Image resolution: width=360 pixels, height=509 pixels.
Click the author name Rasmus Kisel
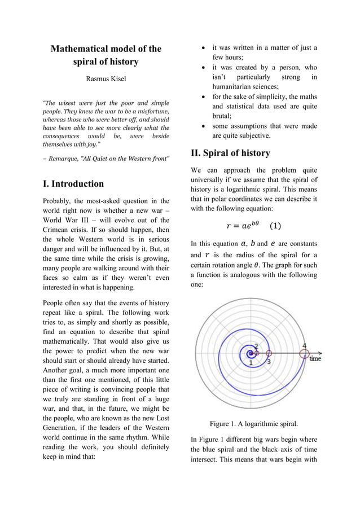pyautogui.click(x=106, y=79)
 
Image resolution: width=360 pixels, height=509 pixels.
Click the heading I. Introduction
pyautogui.click(x=73, y=183)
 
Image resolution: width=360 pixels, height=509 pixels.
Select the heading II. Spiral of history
pyautogui.click(x=230, y=153)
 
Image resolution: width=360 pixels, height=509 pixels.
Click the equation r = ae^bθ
pyautogui.click(x=242, y=226)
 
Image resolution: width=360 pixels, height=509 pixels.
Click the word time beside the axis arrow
pyautogui.click(x=315, y=358)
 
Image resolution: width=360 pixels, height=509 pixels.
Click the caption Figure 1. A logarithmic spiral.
pyautogui.click(x=253, y=424)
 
